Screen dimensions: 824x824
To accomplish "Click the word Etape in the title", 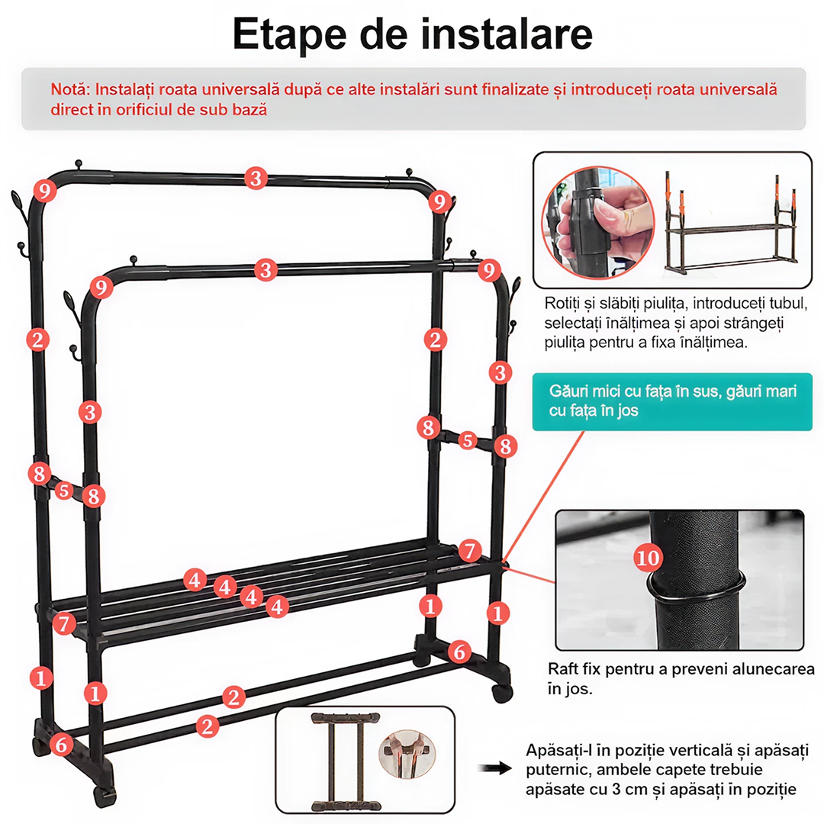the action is click(290, 34).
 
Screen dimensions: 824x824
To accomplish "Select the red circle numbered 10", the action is click(648, 558).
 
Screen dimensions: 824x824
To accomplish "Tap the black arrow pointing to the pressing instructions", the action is click(494, 768).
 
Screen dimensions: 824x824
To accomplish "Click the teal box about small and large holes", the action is click(672, 401).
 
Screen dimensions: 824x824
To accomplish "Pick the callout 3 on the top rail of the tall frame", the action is click(256, 178).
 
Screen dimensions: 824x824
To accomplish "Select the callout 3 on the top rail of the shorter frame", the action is click(266, 270).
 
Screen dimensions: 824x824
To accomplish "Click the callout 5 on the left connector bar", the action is click(64, 491).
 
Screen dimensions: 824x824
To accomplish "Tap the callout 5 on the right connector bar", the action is click(467, 440).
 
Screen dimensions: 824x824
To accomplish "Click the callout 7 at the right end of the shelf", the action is click(470, 551).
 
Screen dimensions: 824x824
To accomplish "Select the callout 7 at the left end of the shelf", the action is click(64, 624).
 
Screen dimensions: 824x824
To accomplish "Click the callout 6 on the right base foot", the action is click(459, 652).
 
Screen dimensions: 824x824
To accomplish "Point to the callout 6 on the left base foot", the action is click(62, 745).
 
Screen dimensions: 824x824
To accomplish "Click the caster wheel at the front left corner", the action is click(105, 796).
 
